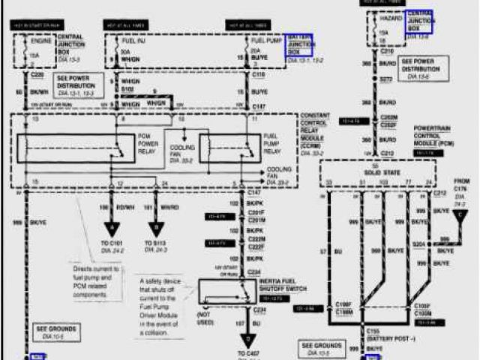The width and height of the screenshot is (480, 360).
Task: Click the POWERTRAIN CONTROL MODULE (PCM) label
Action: (x=435, y=136)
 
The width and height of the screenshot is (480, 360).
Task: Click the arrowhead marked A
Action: (x=112, y=226)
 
